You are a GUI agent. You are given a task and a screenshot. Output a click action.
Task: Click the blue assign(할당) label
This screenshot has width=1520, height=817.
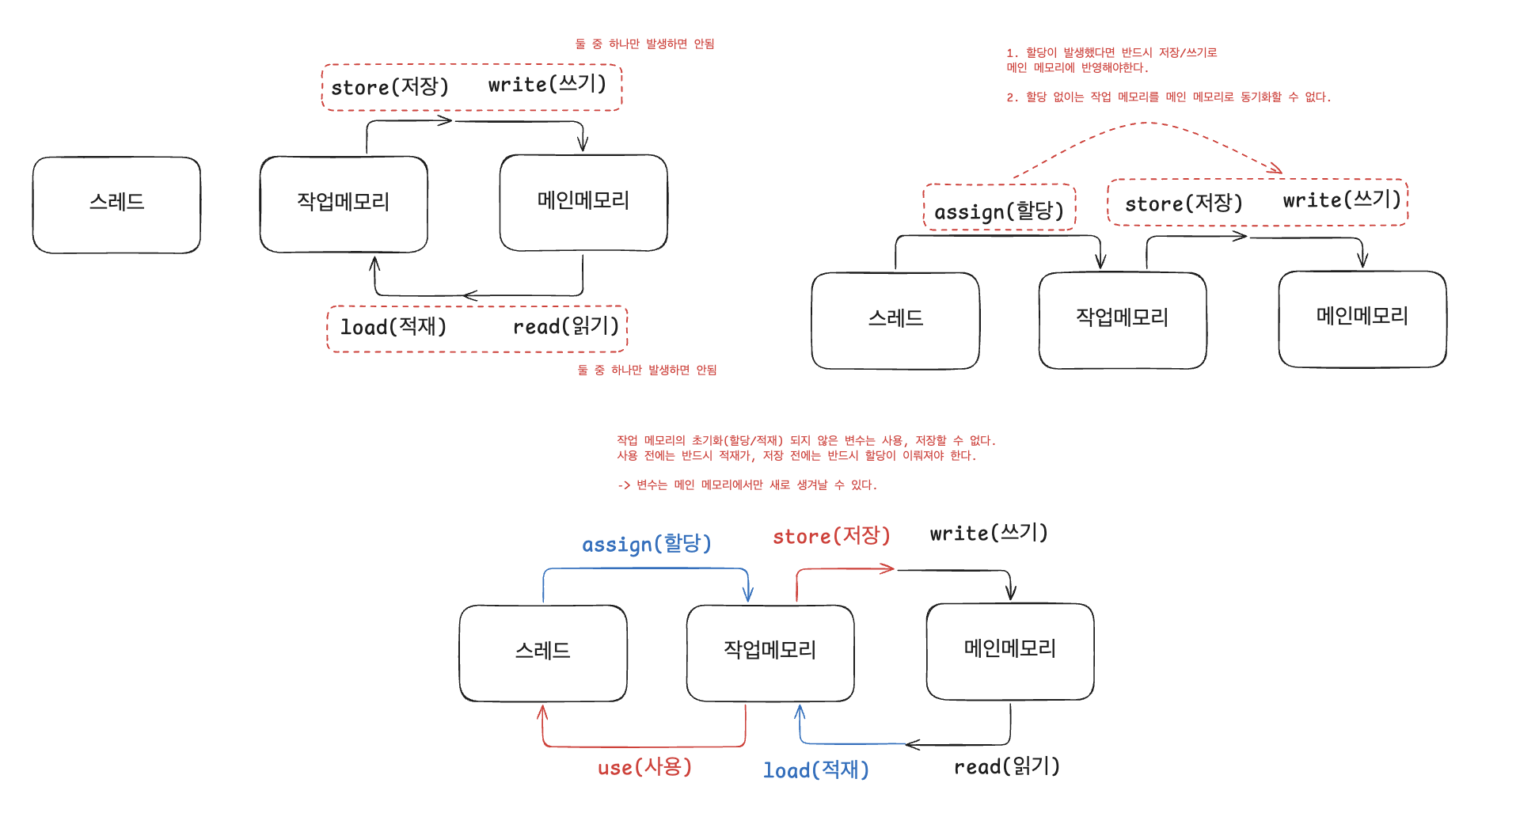coord(647,544)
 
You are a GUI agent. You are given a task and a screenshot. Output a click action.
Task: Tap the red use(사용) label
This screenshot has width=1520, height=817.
coord(644,766)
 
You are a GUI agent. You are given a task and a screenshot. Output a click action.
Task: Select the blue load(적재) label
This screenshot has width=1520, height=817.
coord(815,769)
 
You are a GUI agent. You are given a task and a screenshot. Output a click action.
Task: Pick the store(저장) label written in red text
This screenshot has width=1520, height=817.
coord(831,536)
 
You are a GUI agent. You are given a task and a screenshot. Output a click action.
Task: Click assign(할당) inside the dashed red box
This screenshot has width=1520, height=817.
coord(999,211)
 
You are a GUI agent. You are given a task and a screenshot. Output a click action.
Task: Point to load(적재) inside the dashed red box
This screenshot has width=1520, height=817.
coord(393,326)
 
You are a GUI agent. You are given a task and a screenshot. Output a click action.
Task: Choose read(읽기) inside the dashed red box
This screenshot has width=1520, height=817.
coord(566,326)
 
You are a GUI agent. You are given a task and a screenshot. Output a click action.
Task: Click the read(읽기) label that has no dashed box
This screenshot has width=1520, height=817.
coord(1006,766)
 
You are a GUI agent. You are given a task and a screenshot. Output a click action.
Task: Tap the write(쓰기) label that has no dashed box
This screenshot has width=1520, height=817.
coord(989,533)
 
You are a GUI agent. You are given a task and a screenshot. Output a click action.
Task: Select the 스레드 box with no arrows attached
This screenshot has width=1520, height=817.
coord(116,204)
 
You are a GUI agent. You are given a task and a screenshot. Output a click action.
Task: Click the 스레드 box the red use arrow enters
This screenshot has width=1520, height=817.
coord(543,653)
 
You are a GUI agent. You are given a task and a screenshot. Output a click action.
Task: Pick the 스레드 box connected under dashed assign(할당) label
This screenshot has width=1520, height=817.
coord(895,321)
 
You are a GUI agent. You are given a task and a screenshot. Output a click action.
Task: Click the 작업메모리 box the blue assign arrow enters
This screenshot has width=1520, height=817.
coord(770,653)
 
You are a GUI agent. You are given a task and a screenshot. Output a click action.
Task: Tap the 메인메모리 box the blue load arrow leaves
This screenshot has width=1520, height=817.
coord(1010,652)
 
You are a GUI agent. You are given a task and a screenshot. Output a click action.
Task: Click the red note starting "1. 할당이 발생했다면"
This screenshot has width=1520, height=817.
coord(1111,60)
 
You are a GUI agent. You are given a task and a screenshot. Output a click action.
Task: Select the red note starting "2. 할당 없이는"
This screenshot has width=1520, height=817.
coord(1168,97)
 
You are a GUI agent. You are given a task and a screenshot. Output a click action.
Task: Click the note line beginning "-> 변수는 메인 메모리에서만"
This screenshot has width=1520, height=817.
coord(747,484)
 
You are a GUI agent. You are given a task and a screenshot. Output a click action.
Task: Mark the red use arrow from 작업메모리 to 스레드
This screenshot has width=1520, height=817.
coord(644,746)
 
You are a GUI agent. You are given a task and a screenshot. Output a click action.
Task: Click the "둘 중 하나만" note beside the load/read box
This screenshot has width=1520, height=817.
coord(647,370)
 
